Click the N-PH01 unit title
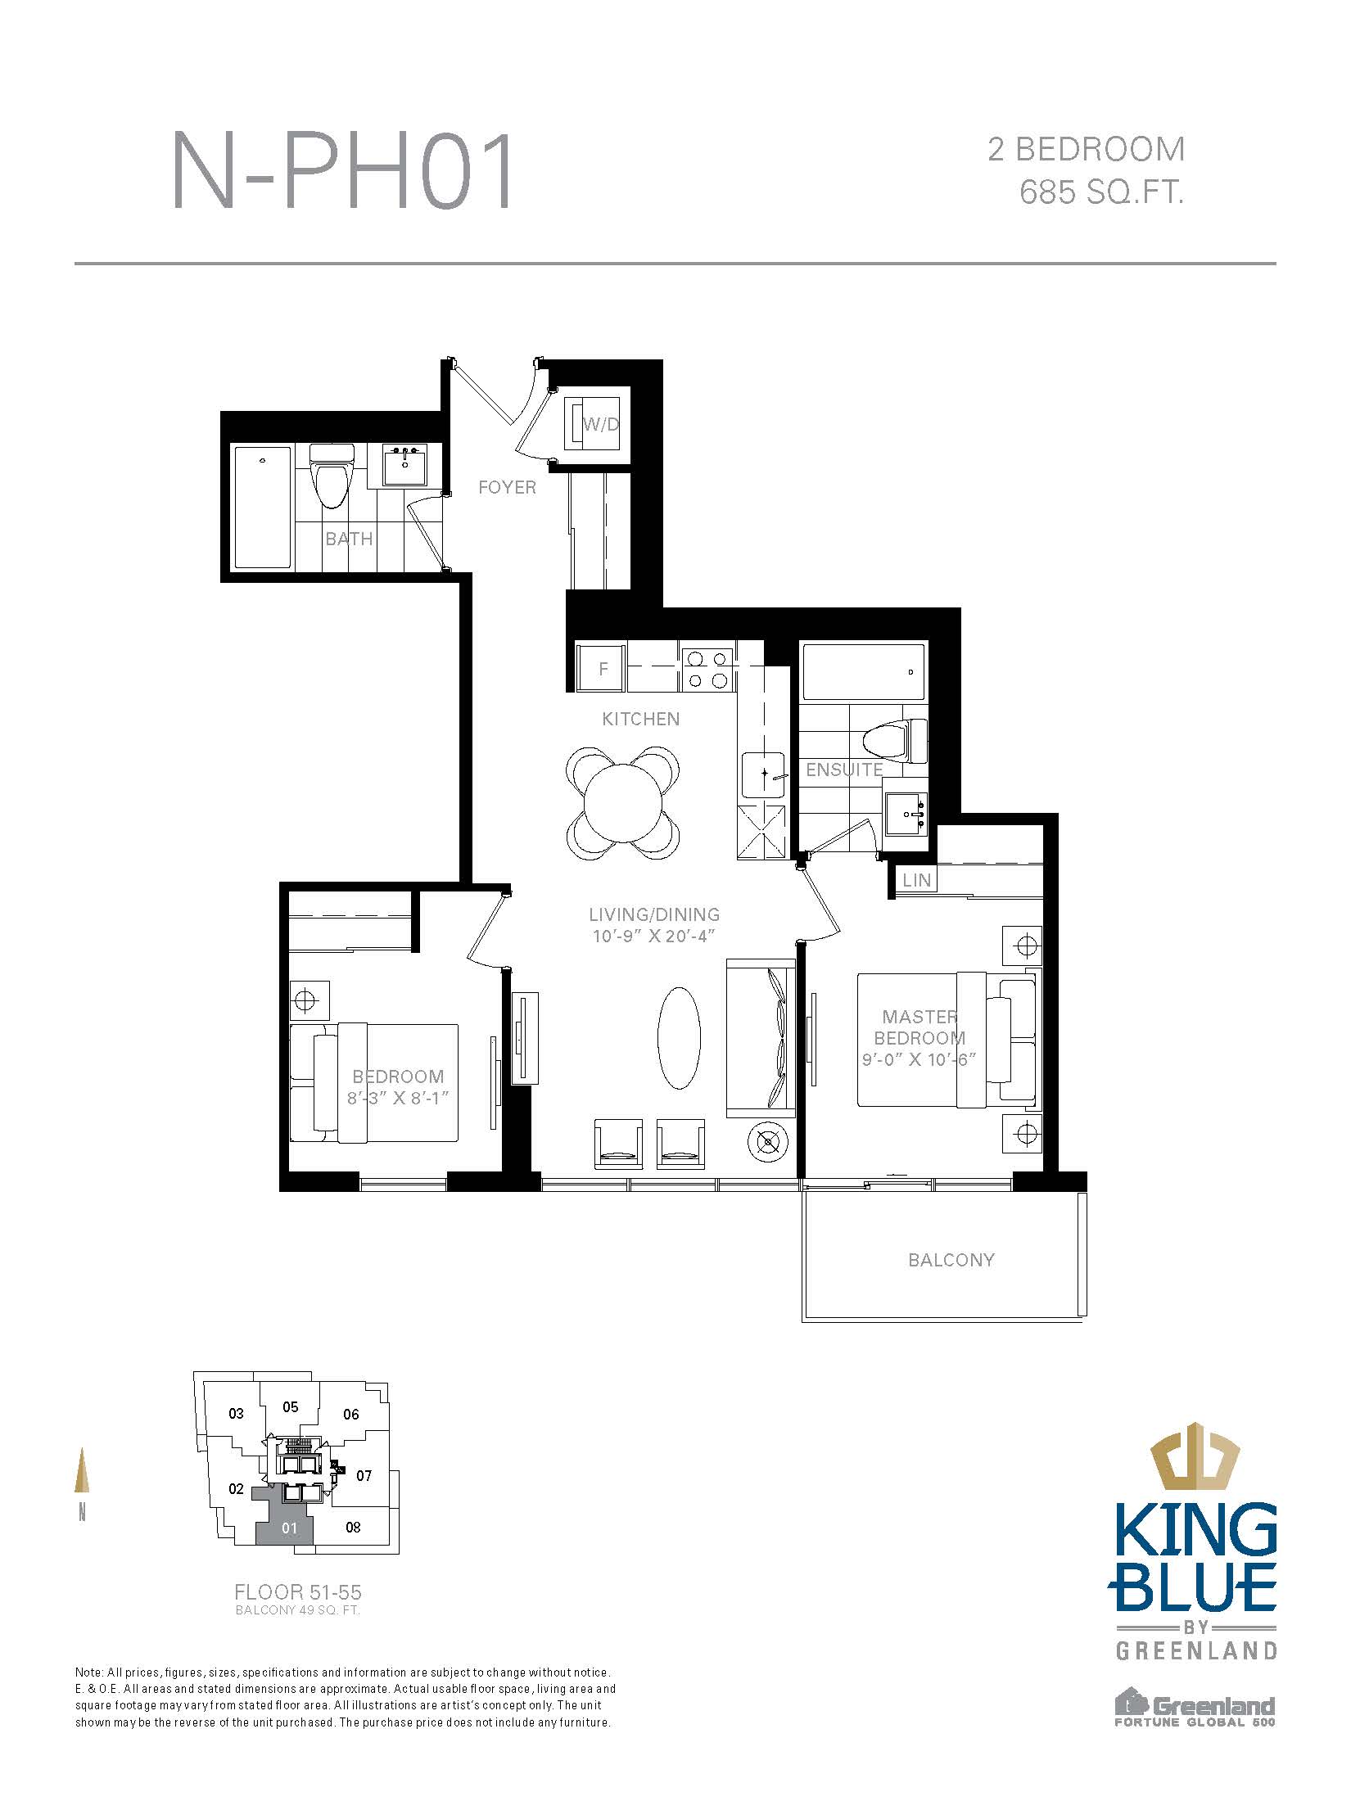pyautogui.click(x=343, y=172)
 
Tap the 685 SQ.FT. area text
pyautogui.click(x=1102, y=193)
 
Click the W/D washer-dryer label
pyautogui.click(x=601, y=424)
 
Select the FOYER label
pyautogui.click(x=507, y=487)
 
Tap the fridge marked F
pyautogui.click(x=602, y=668)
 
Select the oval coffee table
pyautogui.click(x=680, y=1037)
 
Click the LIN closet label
pyautogui.click(x=917, y=880)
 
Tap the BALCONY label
pyautogui.click(x=951, y=1259)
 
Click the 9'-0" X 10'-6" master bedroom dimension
pyautogui.click(x=919, y=1059)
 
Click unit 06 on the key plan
pyautogui.click(x=351, y=1414)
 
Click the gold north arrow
pyautogui.click(x=82, y=1470)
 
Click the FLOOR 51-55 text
pyautogui.click(x=298, y=1592)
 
